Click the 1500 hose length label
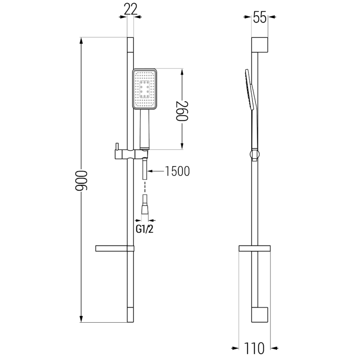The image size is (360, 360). coord(177,171)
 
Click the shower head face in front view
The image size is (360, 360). coord(144,89)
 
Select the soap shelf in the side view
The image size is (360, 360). coord(254,248)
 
